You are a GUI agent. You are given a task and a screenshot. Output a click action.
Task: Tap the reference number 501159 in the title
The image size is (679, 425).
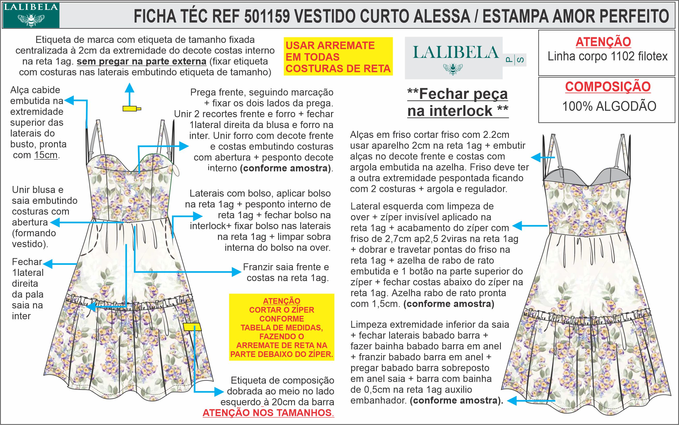(267, 16)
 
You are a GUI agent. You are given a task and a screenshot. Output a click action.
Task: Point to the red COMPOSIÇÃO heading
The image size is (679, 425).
(608, 86)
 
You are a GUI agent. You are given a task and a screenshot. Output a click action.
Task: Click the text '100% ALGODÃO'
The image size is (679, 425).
(609, 106)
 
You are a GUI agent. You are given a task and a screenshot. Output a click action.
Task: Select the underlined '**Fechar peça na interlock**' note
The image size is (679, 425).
(458, 103)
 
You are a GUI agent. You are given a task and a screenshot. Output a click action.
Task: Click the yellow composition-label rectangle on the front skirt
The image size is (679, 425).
(192, 327)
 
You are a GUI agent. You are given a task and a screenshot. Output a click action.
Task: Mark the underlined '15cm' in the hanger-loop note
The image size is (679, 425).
(46, 155)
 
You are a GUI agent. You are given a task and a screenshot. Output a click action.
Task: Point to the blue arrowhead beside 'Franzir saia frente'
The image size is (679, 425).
(237, 272)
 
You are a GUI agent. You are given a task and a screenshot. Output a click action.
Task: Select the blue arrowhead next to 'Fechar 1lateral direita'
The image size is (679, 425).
(47, 264)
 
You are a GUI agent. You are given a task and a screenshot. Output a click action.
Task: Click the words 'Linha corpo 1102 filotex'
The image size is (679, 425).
(607, 56)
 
